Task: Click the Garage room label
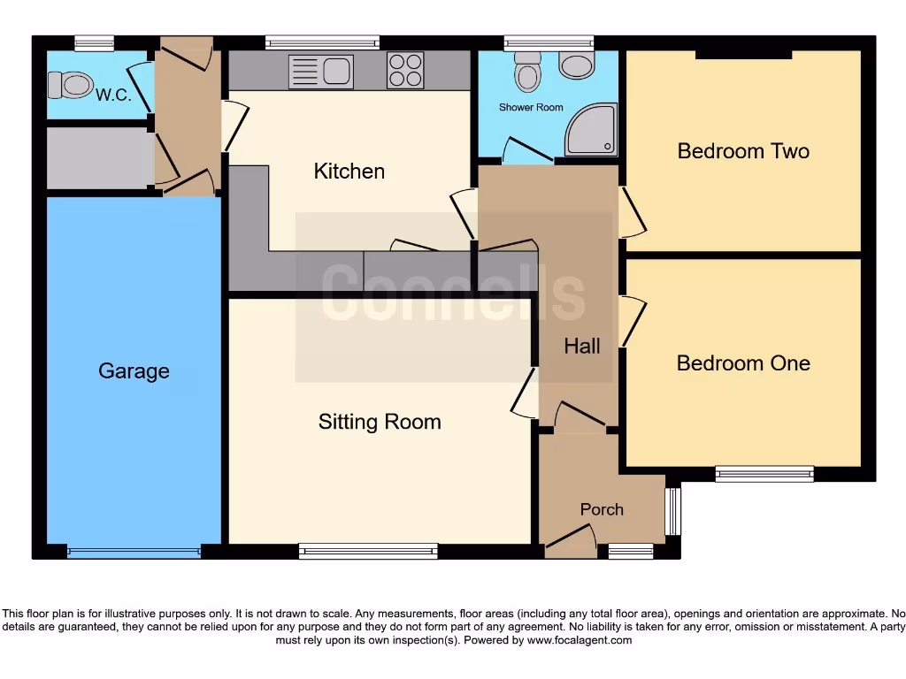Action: point(134,371)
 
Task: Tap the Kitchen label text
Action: point(349,172)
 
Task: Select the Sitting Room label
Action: point(380,423)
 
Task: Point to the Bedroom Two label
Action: point(743,151)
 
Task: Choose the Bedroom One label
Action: point(743,363)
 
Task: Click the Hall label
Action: point(582,347)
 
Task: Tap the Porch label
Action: point(602,509)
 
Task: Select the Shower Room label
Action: point(531,108)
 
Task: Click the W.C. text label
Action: point(114,95)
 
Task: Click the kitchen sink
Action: point(320,71)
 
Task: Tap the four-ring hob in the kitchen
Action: point(405,71)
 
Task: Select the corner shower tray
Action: point(591,129)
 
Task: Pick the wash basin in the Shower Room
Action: point(578,65)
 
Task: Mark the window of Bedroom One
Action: point(764,474)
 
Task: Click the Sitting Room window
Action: point(368,552)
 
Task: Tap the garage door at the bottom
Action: point(134,553)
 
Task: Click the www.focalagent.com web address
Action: point(579,640)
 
